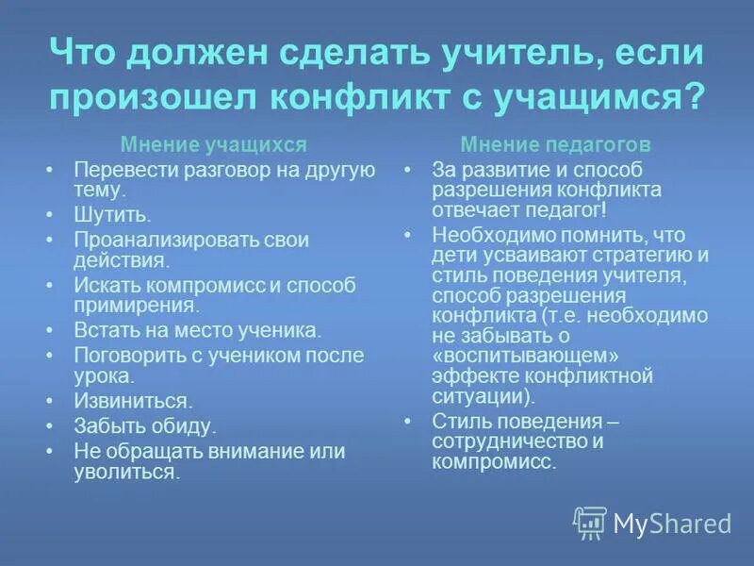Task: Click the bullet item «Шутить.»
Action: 112,214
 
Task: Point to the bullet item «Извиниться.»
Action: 133,400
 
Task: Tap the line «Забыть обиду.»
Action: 145,425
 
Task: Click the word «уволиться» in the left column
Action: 124,472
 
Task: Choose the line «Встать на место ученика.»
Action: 198,331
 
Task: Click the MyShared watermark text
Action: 672,524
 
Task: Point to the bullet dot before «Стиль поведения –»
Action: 407,421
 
